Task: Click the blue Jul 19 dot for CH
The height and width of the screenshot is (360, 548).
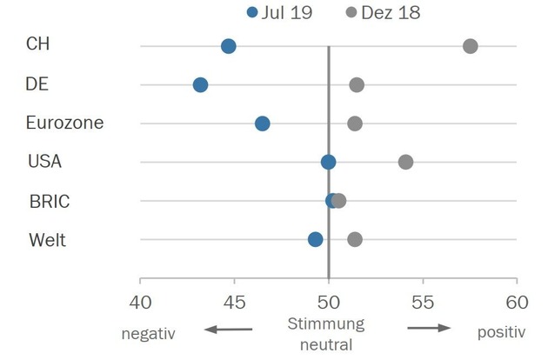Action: (x=229, y=46)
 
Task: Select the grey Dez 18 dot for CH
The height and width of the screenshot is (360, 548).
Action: (x=471, y=46)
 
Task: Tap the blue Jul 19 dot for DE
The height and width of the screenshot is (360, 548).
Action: (x=200, y=84)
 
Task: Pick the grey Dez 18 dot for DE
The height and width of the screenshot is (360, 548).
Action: (x=357, y=84)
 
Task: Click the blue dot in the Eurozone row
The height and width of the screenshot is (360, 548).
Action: (x=262, y=123)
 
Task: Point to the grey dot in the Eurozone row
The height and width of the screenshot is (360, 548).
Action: (x=355, y=123)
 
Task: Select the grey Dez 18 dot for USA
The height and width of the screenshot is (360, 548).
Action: (x=405, y=162)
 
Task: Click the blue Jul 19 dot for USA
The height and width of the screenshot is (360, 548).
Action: (x=328, y=162)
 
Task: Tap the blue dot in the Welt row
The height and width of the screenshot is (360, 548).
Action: (x=315, y=239)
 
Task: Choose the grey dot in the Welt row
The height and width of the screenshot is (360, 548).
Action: (x=355, y=239)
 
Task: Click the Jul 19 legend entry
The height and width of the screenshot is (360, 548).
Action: (x=277, y=12)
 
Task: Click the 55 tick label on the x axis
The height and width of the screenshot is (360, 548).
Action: (x=423, y=302)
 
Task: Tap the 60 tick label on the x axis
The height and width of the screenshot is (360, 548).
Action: (x=517, y=302)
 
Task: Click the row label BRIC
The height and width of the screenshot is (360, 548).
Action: (x=50, y=201)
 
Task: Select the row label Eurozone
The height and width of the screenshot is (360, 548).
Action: (x=64, y=123)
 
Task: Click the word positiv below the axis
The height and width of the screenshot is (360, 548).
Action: (x=501, y=332)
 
